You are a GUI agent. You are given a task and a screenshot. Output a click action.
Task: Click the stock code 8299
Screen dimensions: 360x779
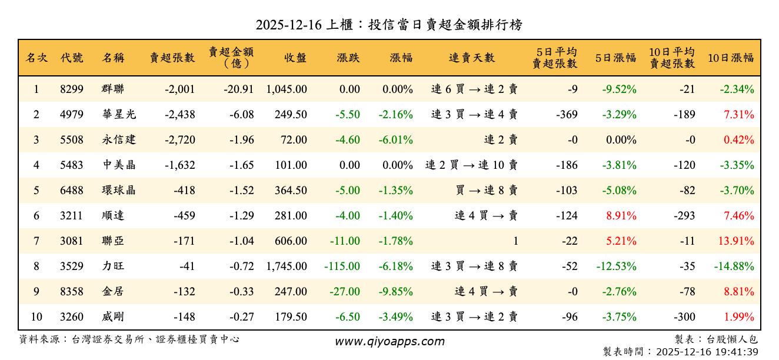pyautogui.click(x=72, y=89)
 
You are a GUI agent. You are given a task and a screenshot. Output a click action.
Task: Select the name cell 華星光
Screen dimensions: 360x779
pyautogui.click(x=119, y=115)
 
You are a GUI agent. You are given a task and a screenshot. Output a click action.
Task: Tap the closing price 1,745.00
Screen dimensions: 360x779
pyautogui.click(x=287, y=266)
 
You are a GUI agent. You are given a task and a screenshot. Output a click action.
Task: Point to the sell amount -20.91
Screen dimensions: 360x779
pyautogui.click(x=238, y=89)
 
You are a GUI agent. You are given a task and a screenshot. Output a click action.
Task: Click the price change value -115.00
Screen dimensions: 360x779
pyautogui.click(x=342, y=266)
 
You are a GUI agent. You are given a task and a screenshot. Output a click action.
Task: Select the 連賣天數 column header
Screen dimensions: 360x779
pyautogui.click(x=472, y=58)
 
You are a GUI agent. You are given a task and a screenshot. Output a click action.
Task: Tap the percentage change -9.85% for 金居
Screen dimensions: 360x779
pyautogui.click(x=395, y=292)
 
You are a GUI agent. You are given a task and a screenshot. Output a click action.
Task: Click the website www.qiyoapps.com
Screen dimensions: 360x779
pyautogui.click(x=389, y=342)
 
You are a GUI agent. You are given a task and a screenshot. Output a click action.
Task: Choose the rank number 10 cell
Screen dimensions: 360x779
pyautogui.click(x=36, y=317)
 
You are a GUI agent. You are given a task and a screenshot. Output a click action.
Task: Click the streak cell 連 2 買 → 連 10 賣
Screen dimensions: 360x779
pyautogui.click(x=471, y=165)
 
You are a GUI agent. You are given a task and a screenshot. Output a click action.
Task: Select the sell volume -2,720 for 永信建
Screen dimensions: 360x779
pyautogui.click(x=181, y=140)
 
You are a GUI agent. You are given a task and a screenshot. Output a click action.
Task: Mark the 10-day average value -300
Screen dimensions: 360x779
pyautogui.click(x=684, y=317)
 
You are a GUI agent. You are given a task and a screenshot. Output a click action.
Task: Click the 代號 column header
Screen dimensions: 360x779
pyautogui.click(x=72, y=58)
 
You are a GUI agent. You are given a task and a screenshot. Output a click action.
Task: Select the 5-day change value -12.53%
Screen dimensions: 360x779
pyautogui.click(x=616, y=266)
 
